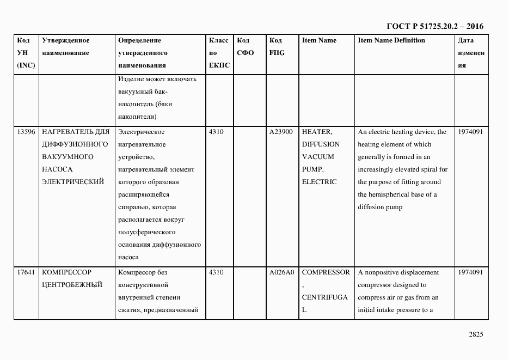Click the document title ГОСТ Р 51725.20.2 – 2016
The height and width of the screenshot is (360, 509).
click(434, 26)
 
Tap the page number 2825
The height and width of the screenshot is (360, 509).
click(475, 334)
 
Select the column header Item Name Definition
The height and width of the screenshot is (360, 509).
click(391, 40)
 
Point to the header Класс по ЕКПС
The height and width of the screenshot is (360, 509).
click(219, 53)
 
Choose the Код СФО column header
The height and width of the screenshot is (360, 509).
click(245, 47)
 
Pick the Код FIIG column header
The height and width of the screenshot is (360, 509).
click(277, 47)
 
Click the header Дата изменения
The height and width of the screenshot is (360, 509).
click(470, 53)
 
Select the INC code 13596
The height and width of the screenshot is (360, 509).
click(26, 132)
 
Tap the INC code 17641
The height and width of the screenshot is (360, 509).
click(26, 272)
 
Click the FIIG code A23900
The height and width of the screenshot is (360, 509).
click(281, 132)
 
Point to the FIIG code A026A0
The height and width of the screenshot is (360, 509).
click(281, 272)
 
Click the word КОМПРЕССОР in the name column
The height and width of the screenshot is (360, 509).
click(66, 272)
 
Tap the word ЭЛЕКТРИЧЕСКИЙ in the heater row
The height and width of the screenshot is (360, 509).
click(72, 182)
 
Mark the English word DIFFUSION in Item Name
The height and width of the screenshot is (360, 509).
click(321, 144)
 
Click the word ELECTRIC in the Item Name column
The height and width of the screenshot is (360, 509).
click(319, 182)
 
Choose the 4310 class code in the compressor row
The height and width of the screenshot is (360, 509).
click(216, 272)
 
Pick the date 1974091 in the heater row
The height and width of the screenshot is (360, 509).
click(470, 132)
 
